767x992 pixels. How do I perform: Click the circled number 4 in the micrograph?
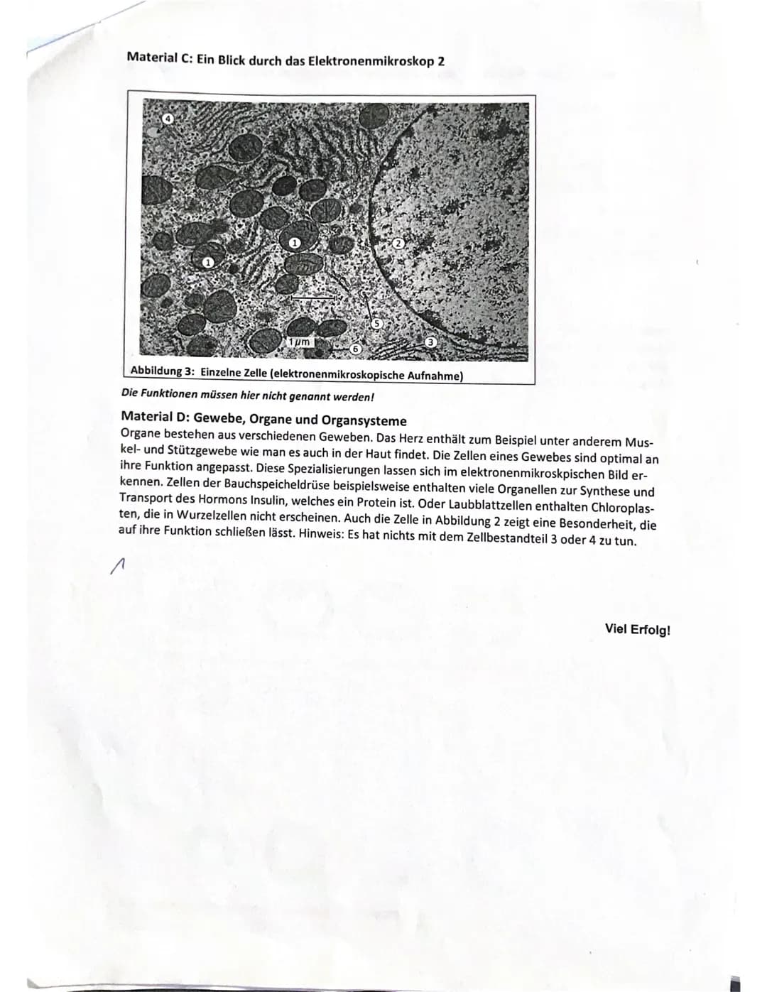click(168, 119)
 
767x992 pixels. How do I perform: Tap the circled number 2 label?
click(398, 244)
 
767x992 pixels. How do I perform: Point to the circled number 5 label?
click(378, 323)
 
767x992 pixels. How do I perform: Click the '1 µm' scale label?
click(299, 343)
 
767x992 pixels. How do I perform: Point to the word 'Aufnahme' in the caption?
click(433, 376)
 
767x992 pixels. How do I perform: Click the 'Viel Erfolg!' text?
click(637, 629)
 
